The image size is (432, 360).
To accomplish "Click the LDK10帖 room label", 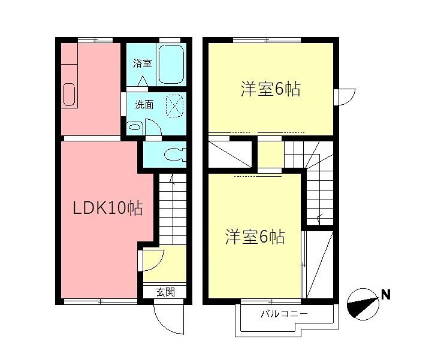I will [107, 208].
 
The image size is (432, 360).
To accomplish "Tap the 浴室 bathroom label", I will [142, 63].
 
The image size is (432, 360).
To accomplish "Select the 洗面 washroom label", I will [143, 104].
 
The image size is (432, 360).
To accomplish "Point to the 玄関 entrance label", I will [165, 292].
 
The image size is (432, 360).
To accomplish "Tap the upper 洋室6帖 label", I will [270, 90].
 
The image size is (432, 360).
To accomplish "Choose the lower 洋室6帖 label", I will [255, 237].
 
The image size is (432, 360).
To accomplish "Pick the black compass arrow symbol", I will [362, 303].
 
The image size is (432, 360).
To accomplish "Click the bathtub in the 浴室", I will [171, 63].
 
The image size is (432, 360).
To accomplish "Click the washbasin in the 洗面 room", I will [135, 127].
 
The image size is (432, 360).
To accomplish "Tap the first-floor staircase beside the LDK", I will [173, 210].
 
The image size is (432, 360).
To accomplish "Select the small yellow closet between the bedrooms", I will [270, 154].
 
